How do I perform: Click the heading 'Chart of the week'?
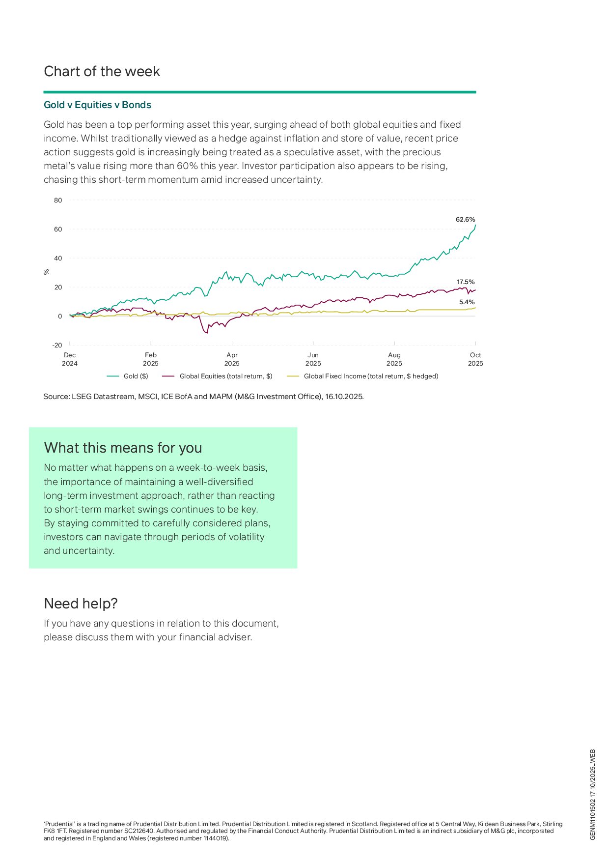point(102,72)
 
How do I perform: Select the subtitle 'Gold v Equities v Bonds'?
point(97,105)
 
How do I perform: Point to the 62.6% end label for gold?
point(465,220)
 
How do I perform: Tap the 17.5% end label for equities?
point(466,282)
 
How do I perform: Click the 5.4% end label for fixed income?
point(467,302)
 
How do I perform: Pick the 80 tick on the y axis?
point(58,201)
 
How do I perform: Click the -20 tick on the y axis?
point(57,345)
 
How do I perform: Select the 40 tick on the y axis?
point(58,259)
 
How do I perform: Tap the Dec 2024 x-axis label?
point(70,359)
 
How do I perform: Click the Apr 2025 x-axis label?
point(232,359)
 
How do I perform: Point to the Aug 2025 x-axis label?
point(394,359)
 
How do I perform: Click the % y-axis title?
point(47,272)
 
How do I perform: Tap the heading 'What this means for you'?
point(123,448)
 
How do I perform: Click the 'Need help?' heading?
point(81,603)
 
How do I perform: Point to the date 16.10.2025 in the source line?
point(344,397)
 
